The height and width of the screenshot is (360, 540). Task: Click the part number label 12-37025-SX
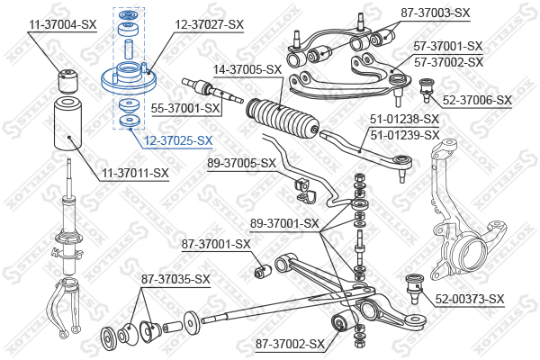coord(178,141)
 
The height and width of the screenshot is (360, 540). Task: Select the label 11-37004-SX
coord(63,25)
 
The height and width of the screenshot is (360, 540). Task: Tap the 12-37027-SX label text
coord(210,25)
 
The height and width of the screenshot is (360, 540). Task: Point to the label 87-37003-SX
coord(436,13)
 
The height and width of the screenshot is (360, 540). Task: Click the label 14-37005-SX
coord(247,69)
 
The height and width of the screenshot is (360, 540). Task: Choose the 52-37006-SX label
coord(477,100)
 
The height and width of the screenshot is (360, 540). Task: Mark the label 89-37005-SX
coord(241,163)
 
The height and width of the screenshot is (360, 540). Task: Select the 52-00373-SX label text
coord(470,299)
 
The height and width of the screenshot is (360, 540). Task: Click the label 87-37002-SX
coord(290,344)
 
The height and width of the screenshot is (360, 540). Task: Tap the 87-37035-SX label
coord(175,279)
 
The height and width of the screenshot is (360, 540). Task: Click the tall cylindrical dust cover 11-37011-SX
coord(68,124)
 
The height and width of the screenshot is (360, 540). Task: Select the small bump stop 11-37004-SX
coord(67,81)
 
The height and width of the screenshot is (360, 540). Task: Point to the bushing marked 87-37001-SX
coord(264,271)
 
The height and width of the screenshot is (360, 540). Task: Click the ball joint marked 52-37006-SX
coord(427,90)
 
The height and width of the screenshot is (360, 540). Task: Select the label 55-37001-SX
coord(185,108)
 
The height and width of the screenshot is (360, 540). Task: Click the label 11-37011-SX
coord(135,173)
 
